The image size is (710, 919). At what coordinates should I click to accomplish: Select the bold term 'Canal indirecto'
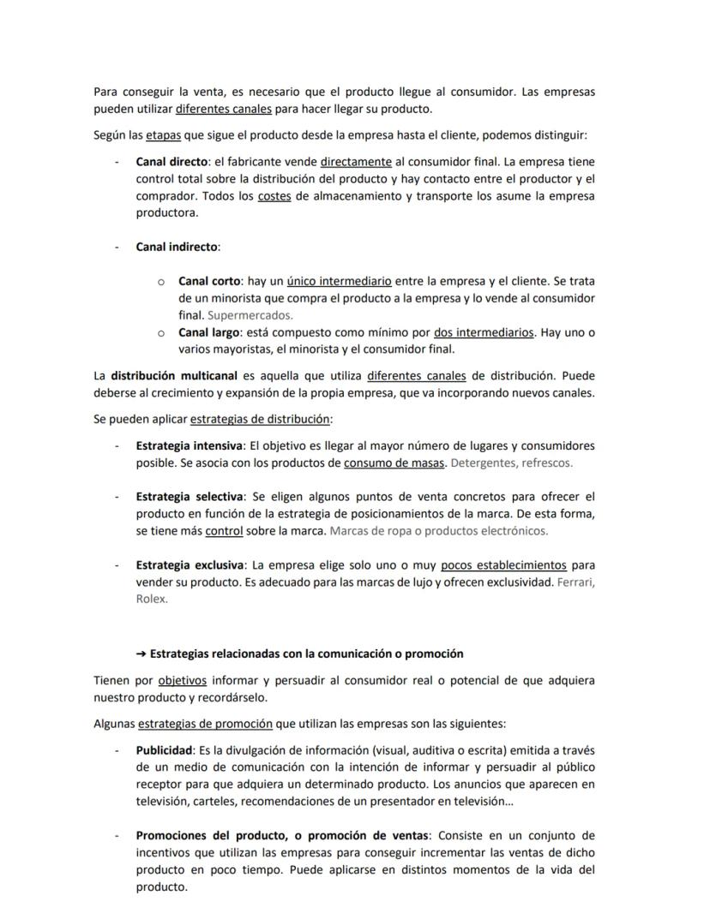(x=177, y=247)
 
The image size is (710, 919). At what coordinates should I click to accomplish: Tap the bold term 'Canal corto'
(x=209, y=281)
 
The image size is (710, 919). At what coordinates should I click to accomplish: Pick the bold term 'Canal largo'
(x=209, y=332)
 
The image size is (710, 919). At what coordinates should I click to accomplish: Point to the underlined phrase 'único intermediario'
(x=339, y=281)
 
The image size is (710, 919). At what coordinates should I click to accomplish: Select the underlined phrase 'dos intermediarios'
(x=484, y=332)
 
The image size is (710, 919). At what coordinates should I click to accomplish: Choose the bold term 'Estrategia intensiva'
(x=189, y=445)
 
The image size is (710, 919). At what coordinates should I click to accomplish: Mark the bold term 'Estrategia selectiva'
(x=189, y=496)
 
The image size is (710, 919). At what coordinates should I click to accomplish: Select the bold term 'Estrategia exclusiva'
(x=190, y=565)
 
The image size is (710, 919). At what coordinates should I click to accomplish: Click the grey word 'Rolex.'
(x=152, y=600)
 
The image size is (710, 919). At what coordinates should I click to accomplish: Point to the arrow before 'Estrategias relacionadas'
(x=141, y=653)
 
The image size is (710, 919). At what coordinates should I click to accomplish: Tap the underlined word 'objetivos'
(x=182, y=681)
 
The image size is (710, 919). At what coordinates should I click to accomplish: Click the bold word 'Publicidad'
(x=164, y=750)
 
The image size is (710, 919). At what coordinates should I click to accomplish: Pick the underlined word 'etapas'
(x=163, y=135)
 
